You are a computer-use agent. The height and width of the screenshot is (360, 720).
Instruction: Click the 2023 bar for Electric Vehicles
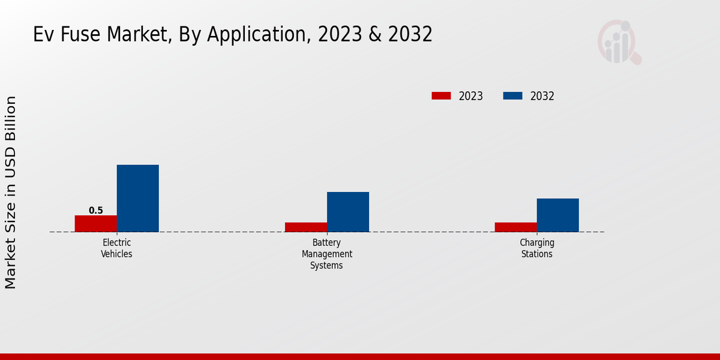click(95, 224)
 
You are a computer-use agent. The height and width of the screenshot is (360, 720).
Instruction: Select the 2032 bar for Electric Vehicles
click(137, 199)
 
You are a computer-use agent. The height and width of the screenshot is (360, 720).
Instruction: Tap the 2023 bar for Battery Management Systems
click(305, 227)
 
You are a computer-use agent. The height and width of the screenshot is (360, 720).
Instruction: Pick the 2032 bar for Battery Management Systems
click(347, 212)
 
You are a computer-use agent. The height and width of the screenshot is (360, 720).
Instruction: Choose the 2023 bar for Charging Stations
click(515, 227)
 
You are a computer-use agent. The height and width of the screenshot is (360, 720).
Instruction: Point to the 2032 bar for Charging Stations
click(557, 215)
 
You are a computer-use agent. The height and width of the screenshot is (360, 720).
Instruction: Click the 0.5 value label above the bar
click(96, 211)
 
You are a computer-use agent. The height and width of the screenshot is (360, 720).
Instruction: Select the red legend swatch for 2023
click(441, 96)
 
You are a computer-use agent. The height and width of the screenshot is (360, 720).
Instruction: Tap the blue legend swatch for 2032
click(512, 96)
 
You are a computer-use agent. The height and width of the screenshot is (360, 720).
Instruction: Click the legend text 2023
click(471, 96)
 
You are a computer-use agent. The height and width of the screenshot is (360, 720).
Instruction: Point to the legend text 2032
click(542, 96)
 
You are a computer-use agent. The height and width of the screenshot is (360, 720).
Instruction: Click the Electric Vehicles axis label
click(116, 248)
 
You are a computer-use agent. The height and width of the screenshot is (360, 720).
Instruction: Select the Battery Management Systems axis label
click(326, 254)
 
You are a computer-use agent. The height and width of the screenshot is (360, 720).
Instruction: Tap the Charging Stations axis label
click(536, 248)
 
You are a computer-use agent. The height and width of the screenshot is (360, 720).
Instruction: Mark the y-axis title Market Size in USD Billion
click(11, 192)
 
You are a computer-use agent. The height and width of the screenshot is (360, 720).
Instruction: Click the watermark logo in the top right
click(619, 42)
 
